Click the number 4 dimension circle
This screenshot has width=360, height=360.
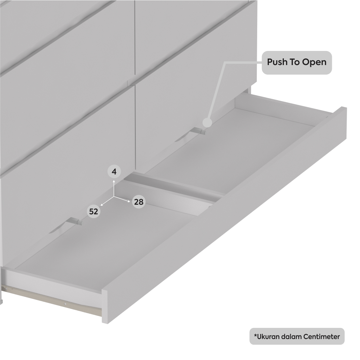pos(114,171)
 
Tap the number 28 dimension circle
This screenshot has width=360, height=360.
pos(139,202)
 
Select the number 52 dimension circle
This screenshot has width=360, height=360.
pos(94,212)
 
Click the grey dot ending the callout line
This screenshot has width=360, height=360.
pos(207,123)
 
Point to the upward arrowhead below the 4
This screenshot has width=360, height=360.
pos(114,181)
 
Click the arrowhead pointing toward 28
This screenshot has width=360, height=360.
pos(129,201)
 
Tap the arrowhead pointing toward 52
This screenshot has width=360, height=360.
pos(102,205)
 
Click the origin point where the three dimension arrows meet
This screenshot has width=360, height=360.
pos(114,197)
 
